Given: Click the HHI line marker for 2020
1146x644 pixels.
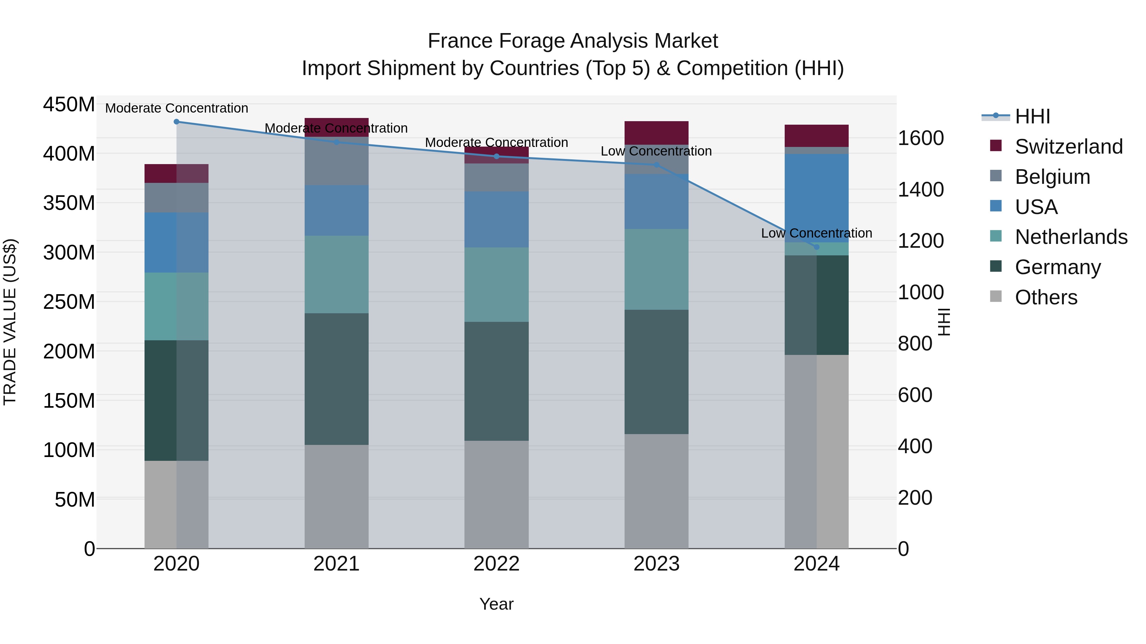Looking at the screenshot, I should (x=177, y=121).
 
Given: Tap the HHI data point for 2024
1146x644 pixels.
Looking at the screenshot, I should (x=816, y=247).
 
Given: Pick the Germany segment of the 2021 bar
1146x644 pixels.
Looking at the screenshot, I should (x=336, y=379).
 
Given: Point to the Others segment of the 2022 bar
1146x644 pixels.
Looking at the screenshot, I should (x=497, y=494).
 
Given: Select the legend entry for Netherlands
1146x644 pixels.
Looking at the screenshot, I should (x=1071, y=237).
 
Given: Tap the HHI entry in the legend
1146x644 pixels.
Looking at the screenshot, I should (x=1032, y=116).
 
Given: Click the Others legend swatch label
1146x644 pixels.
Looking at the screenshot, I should (x=1046, y=297).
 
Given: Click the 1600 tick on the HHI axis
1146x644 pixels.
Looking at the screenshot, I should (x=920, y=138).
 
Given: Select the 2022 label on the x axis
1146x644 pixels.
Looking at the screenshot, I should (x=497, y=564).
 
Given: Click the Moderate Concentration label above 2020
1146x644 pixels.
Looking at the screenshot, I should (x=177, y=108).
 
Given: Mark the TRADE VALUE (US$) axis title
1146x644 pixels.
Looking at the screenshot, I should (x=10, y=322).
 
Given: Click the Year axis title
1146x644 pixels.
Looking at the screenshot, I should (x=497, y=604).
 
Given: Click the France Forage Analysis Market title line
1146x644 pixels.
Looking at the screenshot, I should (x=573, y=41).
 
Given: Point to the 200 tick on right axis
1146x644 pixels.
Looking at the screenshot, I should (x=915, y=498).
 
